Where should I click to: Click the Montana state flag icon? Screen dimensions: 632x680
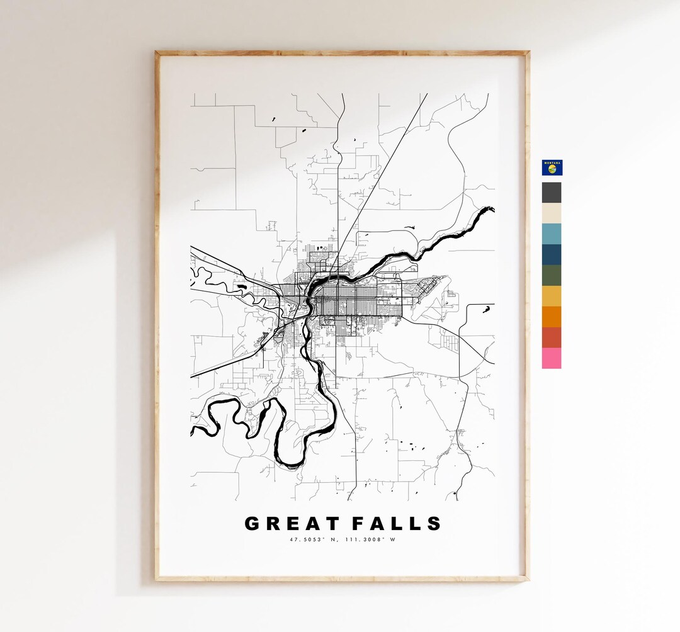pyautogui.click(x=552, y=167)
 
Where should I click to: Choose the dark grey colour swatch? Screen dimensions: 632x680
pyautogui.click(x=552, y=193)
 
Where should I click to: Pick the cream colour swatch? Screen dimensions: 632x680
pyautogui.click(x=552, y=213)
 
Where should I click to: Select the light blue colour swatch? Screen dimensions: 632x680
pyautogui.click(x=552, y=234)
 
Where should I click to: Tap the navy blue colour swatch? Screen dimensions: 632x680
pyautogui.click(x=552, y=255)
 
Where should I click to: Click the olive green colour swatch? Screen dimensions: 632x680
pyautogui.click(x=552, y=276)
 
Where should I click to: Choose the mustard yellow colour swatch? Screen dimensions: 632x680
pyautogui.click(x=552, y=296)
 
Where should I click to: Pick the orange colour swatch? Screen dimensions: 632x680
pyautogui.click(x=552, y=317)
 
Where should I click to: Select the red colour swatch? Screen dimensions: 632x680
pyautogui.click(x=552, y=338)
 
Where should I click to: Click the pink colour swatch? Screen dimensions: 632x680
pyautogui.click(x=552, y=359)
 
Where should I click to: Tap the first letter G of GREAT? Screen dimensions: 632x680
pyautogui.click(x=252, y=524)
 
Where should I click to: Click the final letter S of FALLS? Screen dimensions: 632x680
pyautogui.click(x=434, y=524)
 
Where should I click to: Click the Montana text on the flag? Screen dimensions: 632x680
pyautogui.click(x=552, y=162)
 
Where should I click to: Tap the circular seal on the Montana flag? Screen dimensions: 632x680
pyautogui.click(x=552, y=169)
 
